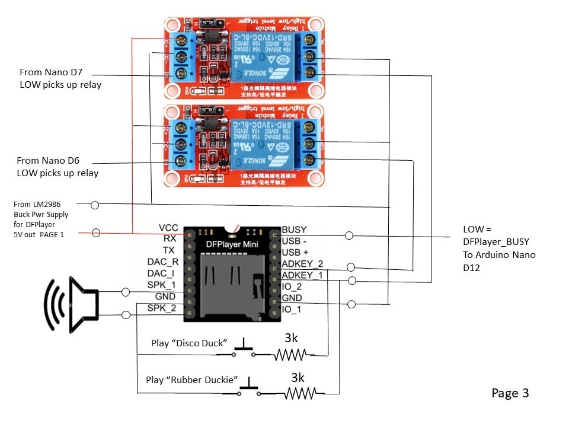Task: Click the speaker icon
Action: pyautogui.click(x=72, y=303)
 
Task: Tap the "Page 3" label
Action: pyautogui.click(x=510, y=393)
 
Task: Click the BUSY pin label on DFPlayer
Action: pyautogui.click(x=295, y=229)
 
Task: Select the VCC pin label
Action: pyautogui.click(x=168, y=228)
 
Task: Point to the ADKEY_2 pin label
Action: pyautogui.click(x=302, y=263)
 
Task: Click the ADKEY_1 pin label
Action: pyautogui.click(x=302, y=275)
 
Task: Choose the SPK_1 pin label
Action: pyautogui.click(x=162, y=285)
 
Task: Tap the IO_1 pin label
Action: pyautogui.click(x=292, y=309)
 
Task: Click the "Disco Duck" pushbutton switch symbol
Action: pyautogui.click(x=243, y=350)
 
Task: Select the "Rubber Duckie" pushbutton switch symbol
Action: pyautogui.click(x=249, y=388)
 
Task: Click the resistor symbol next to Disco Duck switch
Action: pyautogui.click(x=290, y=355)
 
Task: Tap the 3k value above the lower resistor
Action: pyautogui.click(x=298, y=377)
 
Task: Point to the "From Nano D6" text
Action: pyautogui.click(x=49, y=160)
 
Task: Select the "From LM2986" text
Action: pyautogui.click(x=39, y=204)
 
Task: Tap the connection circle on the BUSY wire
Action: pyautogui.click(x=349, y=235)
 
